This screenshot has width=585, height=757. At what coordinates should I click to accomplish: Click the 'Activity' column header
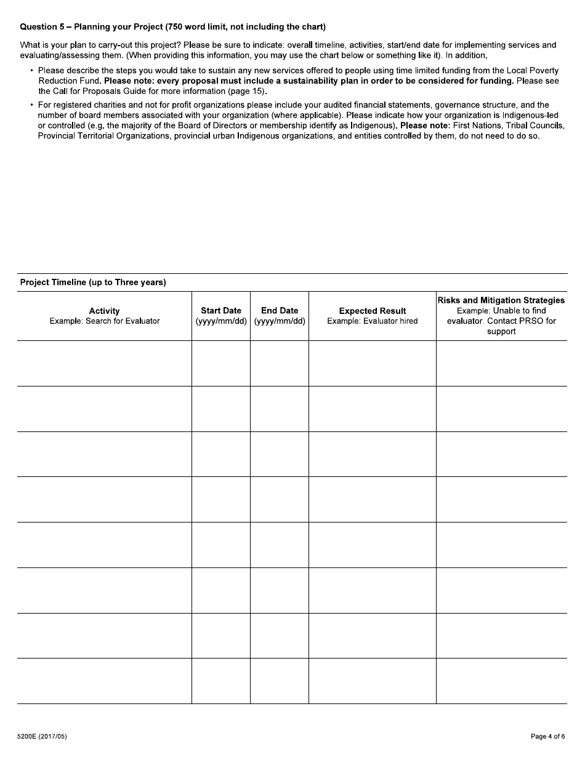pos(104,311)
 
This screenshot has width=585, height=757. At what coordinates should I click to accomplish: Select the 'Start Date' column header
pos(221,311)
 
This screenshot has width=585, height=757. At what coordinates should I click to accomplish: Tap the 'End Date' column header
pos(280,311)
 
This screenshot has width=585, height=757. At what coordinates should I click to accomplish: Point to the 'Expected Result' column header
pos(373,311)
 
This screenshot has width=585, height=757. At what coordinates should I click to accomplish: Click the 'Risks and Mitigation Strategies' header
pos(501,300)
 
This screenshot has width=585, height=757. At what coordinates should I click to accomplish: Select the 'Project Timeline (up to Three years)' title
pos(93,282)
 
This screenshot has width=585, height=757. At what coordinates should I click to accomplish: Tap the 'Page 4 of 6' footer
pos(547,736)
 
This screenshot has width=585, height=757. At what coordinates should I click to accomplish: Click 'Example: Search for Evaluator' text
pos(104,321)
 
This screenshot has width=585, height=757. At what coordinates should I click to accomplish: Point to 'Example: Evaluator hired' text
pos(373,321)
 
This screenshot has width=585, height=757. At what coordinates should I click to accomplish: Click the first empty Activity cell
pos(104,364)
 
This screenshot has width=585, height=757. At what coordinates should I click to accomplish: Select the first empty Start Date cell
pos(221,364)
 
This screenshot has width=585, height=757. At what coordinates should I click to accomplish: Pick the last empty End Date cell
pos(280,681)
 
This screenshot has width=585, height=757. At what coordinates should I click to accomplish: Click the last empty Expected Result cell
pos(373,681)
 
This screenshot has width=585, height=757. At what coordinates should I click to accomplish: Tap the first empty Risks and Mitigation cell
pos(501,364)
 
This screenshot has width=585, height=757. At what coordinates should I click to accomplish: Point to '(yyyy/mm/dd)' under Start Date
pos(221,321)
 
